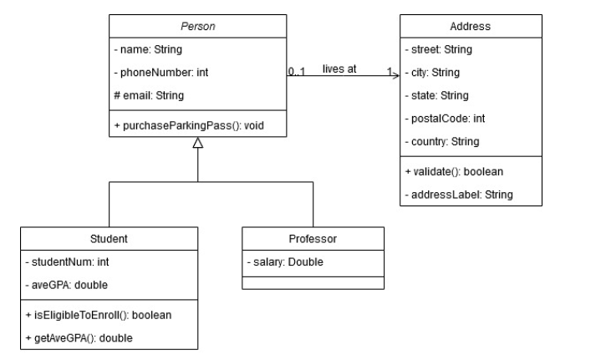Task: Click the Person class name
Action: (x=197, y=27)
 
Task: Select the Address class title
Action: (x=470, y=27)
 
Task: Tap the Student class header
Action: (x=109, y=239)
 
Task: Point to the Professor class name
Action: (x=313, y=239)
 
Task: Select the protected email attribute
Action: (x=149, y=95)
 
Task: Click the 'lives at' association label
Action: (x=339, y=68)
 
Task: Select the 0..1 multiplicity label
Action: (x=296, y=72)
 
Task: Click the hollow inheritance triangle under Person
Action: (x=197, y=145)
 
